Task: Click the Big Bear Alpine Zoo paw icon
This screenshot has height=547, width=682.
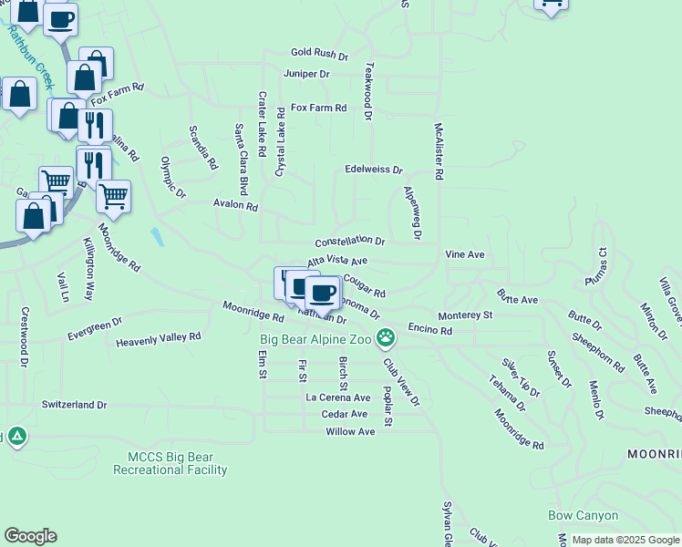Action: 387,338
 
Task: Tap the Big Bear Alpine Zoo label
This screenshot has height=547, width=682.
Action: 316,339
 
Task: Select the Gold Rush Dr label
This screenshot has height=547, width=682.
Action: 319,55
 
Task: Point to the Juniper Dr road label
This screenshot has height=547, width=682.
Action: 306,74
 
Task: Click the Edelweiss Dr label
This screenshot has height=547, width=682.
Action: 374,170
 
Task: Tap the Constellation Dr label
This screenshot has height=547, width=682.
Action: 350,242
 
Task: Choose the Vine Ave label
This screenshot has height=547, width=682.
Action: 464,254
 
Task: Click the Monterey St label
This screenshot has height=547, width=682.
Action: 465,315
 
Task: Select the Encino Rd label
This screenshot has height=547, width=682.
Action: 430,329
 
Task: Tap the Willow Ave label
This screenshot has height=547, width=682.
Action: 350,431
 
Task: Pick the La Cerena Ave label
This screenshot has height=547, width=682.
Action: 337,397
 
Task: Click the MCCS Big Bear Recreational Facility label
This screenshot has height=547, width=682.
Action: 170,463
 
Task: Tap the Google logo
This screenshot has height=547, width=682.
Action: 30,536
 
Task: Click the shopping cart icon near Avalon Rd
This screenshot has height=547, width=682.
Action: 113,196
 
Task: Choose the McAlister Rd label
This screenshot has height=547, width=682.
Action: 439,150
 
